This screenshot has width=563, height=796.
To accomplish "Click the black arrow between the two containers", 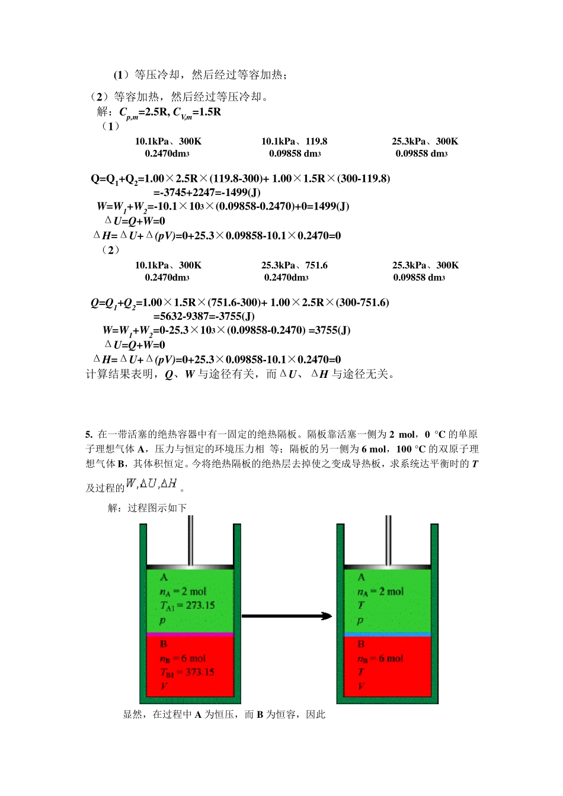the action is pyautogui.click(x=287, y=616).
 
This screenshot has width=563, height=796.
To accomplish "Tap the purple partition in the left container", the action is pyautogui.click(x=190, y=634).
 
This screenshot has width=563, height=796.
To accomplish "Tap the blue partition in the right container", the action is pyautogui.click(x=388, y=634).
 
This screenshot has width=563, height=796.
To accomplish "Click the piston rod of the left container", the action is pyautogui.click(x=191, y=539).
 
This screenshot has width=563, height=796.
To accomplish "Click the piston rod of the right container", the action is pyautogui.click(x=388, y=539).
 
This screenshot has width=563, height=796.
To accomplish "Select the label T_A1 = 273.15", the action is pyautogui.click(x=187, y=605).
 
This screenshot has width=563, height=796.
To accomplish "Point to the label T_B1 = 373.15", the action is pyautogui.click(x=187, y=672).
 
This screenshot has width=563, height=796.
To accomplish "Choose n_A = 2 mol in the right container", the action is pyautogui.click(x=380, y=592).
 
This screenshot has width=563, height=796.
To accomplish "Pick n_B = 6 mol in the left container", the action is pyautogui.click(x=183, y=659).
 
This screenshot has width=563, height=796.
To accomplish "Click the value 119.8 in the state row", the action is pyautogui.click(x=316, y=142).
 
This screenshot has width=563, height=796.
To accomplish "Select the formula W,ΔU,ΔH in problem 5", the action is pyautogui.click(x=152, y=484).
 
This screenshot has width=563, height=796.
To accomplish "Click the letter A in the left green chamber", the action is pyautogui.click(x=164, y=577).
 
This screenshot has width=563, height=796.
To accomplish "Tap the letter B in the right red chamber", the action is pyautogui.click(x=361, y=644).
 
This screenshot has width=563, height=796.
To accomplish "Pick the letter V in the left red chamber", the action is pyautogui.click(x=164, y=686).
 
